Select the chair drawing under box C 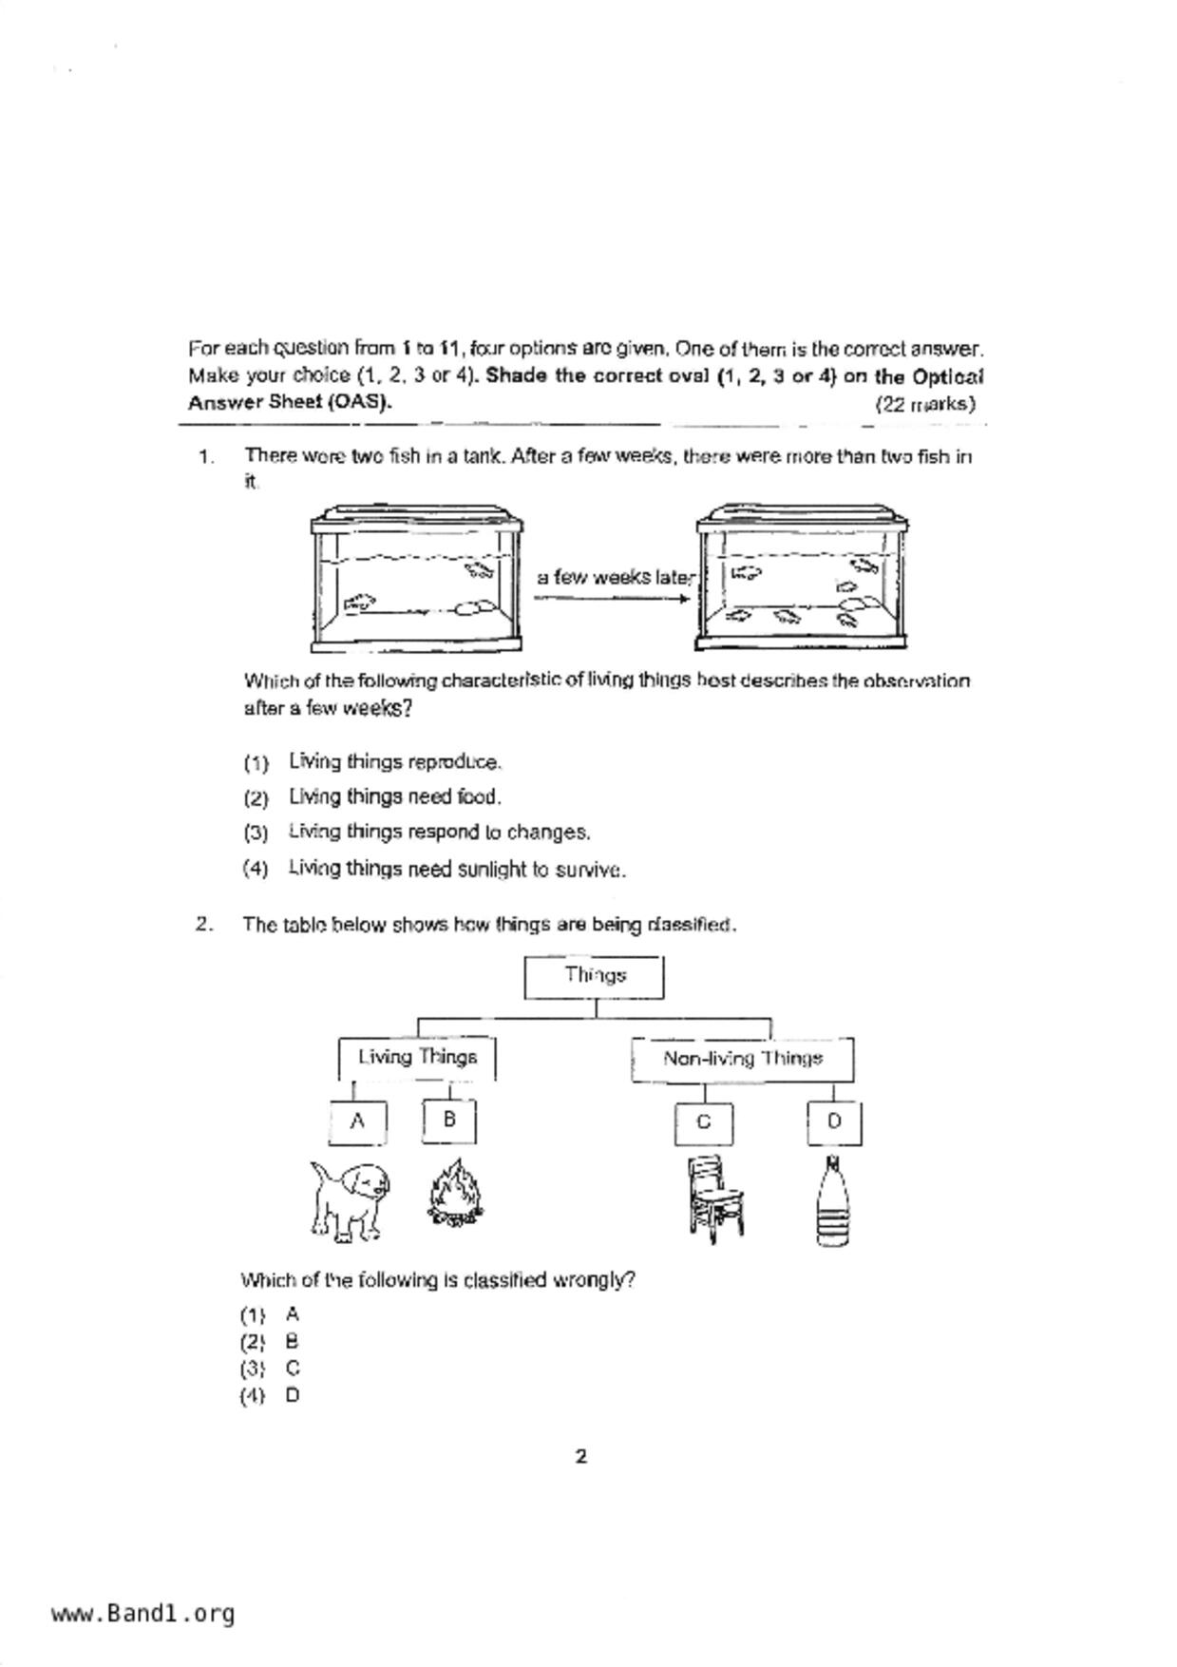713,1198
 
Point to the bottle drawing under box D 832,1201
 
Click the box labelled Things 595,977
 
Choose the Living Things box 417,1058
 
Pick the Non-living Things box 742,1060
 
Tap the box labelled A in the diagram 357,1121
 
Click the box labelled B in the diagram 449,1121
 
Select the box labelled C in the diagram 704,1123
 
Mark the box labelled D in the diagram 834,1122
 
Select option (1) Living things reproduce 394,762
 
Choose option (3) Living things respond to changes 439,833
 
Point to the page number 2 581,1456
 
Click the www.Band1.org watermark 142,1614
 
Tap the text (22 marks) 924,404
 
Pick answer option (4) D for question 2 270,1396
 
